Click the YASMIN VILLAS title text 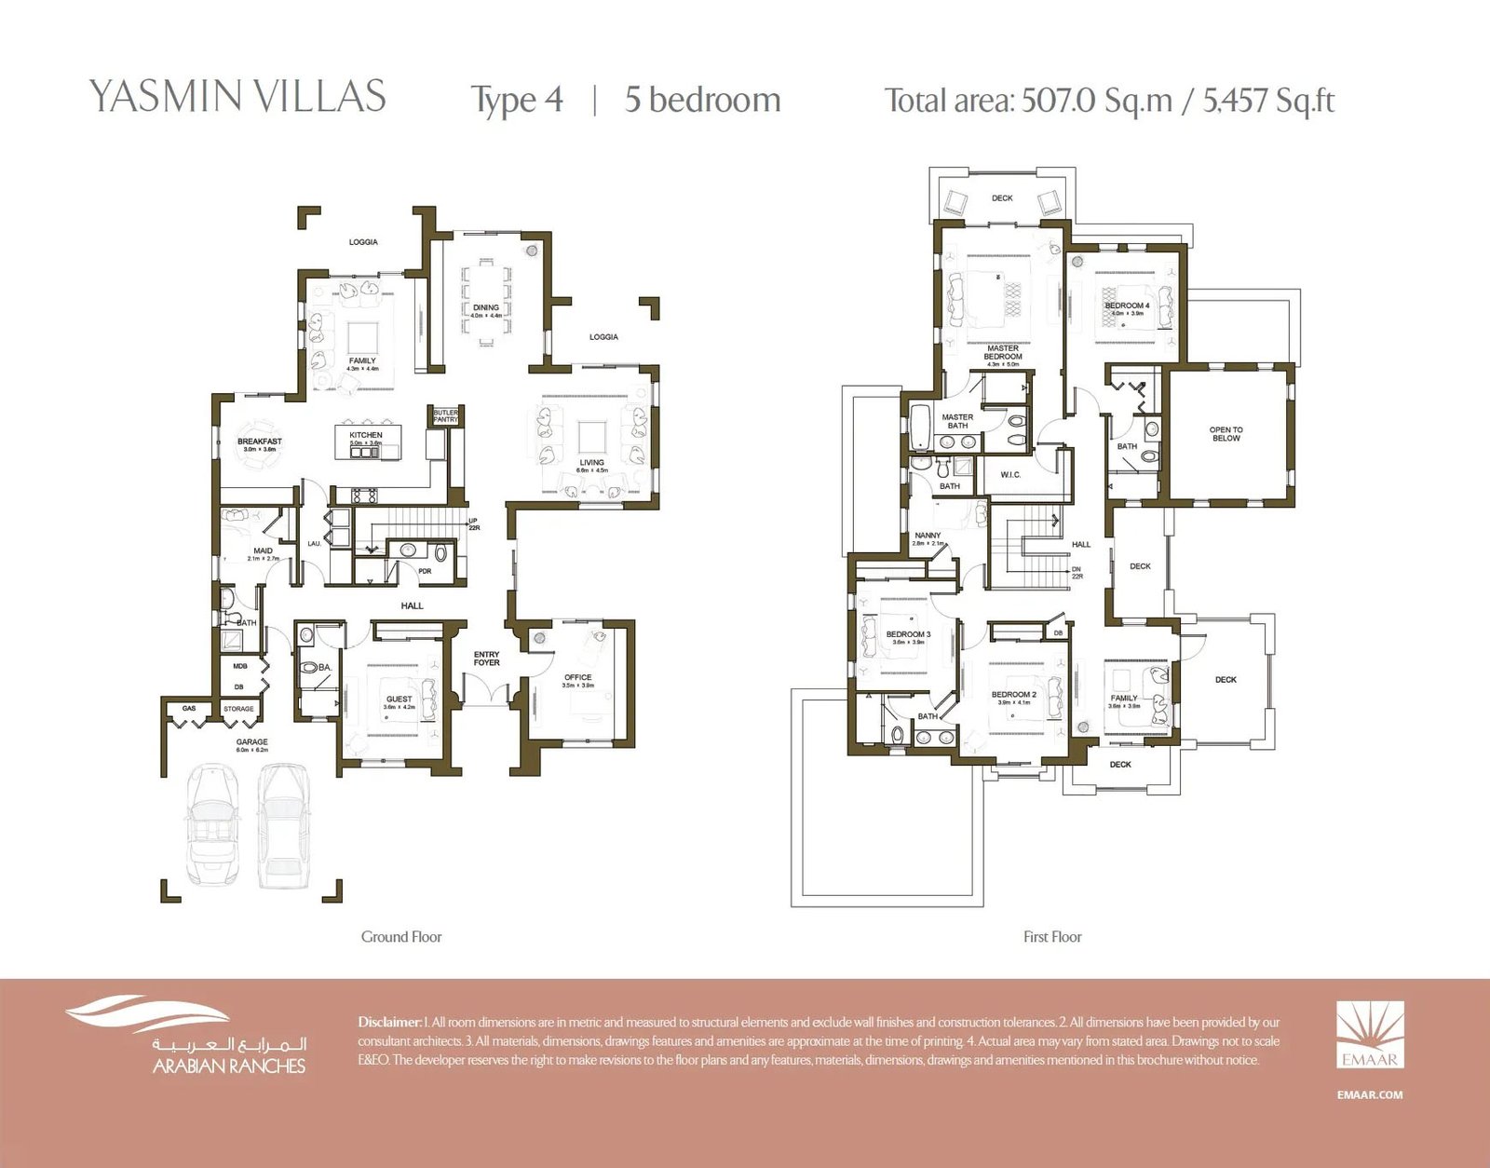(x=237, y=97)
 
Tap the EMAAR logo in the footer (x=1370, y=1035)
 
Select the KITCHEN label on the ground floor (x=366, y=435)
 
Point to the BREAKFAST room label (x=259, y=441)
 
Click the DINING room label (x=486, y=307)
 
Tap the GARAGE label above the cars (x=251, y=742)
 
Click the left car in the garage (x=212, y=824)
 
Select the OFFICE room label (x=577, y=677)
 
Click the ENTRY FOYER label (x=486, y=659)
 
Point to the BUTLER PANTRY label (x=445, y=416)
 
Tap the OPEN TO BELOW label (x=1226, y=434)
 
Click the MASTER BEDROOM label (x=1003, y=352)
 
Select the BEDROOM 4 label (x=1127, y=306)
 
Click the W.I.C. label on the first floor (x=1010, y=475)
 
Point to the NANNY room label (x=928, y=536)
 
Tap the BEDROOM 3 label (x=908, y=634)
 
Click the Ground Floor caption (x=401, y=937)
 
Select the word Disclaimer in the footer (x=389, y=1022)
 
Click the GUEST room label (x=400, y=699)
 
